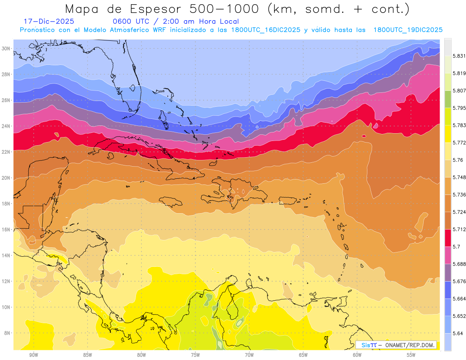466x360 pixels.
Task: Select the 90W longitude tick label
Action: pos(33,355)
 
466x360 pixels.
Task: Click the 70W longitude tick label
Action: pos(249,355)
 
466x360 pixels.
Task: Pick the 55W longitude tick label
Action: pos(411,355)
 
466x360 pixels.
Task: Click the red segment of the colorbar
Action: pos(448,238)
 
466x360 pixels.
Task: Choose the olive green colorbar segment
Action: pos(448,99)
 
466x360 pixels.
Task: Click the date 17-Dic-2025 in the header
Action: pos(49,21)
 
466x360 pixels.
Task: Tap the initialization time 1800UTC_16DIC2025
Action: pos(266,30)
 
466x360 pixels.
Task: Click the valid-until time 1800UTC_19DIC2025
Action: pos(408,30)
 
